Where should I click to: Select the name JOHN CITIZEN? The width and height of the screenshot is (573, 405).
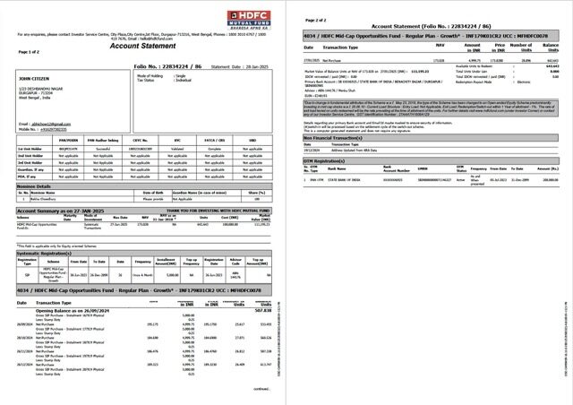(x=33, y=80)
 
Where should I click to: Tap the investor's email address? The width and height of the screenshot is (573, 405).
(x=43, y=123)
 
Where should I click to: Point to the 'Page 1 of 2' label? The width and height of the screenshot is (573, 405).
(x=28, y=53)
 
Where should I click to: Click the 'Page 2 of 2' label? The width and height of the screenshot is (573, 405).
(x=318, y=19)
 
